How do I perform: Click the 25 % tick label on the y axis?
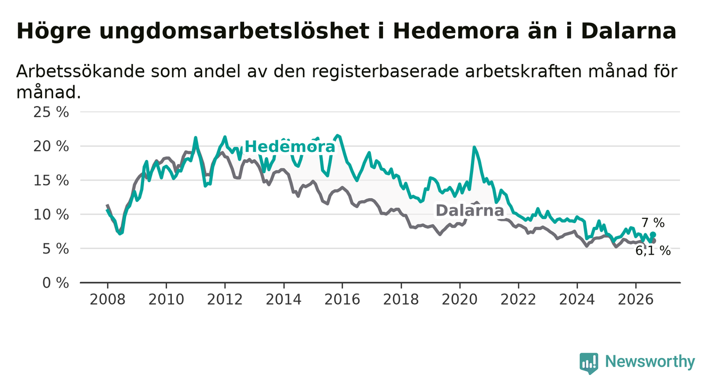[51, 112]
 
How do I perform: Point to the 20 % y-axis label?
[51, 146]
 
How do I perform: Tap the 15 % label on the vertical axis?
[51, 181]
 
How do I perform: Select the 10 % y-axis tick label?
[51, 215]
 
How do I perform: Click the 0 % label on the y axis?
[55, 283]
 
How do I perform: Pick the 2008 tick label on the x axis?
[107, 299]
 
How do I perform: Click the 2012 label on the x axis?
[225, 299]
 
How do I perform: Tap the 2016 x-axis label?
[342, 299]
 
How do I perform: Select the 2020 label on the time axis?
[460, 299]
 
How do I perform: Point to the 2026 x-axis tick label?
[636, 299]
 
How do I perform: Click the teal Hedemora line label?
[290, 146]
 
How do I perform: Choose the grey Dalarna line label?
[470, 210]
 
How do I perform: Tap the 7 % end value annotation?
[653, 223]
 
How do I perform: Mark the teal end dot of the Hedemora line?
[653, 234]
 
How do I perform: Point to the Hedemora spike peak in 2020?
[474, 147]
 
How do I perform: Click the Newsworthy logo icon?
[589, 363]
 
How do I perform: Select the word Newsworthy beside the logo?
[650, 362]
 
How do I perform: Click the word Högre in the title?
[53, 31]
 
